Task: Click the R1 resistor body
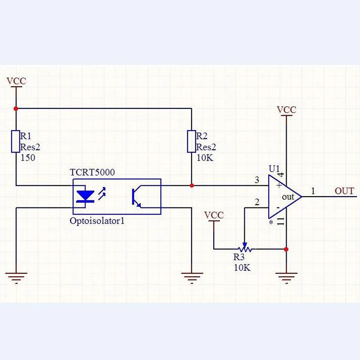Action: [16, 141]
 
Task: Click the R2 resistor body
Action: [192, 141]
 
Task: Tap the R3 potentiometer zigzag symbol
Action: [245, 249]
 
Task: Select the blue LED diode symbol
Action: [85, 197]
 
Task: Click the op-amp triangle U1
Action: [285, 197]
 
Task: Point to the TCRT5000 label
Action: [92, 172]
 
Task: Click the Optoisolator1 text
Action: [97, 221]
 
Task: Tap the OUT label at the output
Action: [344, 191]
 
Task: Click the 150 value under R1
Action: [28, 158]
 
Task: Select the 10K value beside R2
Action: [205, 158]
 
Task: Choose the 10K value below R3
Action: [242, 267]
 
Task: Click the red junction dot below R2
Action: [192, 185]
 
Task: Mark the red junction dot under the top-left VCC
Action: [16, 108]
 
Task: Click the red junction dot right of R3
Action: [286, 249]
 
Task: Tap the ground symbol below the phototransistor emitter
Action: [192, 278]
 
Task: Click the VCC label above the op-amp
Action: [286, 110]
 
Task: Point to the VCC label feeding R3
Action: [214, 215]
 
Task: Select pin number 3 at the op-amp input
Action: [257, 180]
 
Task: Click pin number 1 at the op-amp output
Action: [313, 191]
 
